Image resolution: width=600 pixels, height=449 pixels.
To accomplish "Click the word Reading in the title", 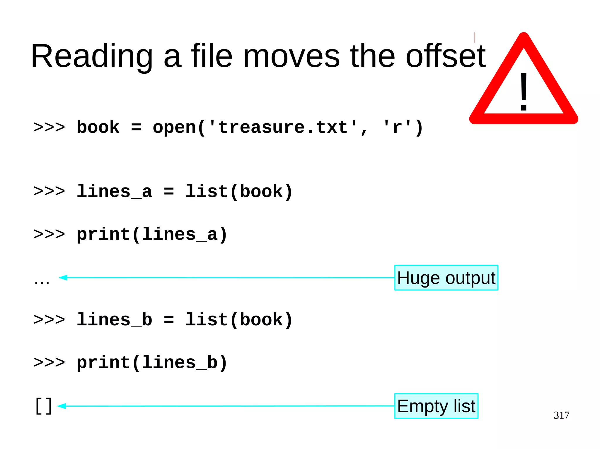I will [x=92, y=56].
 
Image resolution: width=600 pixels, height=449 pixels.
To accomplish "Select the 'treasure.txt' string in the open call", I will [x=283, y=128].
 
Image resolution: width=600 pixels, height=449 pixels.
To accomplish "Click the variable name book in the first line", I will [x=98, y=128].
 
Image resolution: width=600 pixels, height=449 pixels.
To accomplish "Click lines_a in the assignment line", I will [x=114, y=192].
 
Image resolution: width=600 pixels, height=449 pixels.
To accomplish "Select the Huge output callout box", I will [x=446, y=278].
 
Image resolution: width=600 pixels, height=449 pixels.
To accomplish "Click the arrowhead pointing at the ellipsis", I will [x=63, y=278].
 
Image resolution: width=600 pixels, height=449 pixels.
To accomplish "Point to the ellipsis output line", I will [x=42, y=281].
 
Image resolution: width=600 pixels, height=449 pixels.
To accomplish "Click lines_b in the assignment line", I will [x=114, y=320].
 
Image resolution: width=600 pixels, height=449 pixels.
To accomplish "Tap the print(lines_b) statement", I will [x=152, y=363].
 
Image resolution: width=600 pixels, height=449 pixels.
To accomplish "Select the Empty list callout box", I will [x=436, y=406].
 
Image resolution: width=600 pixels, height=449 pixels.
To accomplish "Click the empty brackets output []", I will [x=44, y=406].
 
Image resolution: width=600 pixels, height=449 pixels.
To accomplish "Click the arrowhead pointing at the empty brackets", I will [x=62, y=406].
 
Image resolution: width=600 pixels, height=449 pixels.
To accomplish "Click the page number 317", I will [x=561, y=415].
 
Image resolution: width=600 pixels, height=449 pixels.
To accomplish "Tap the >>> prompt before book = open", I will [x=49, y=128].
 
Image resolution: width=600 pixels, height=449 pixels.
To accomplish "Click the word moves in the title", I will [x=291, y=56].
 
